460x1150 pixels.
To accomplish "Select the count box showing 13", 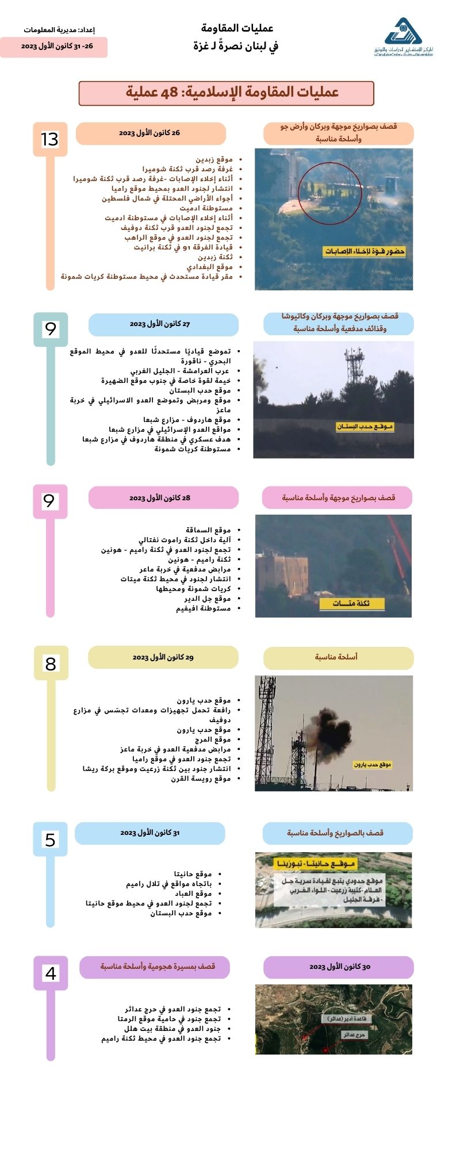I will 50,139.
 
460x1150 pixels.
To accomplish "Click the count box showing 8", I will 51,664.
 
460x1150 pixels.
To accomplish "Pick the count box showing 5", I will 50,839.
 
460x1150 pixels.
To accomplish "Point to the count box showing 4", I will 51,973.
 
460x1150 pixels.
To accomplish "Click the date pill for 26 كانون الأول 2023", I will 150,133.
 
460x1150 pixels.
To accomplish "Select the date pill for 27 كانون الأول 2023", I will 163,324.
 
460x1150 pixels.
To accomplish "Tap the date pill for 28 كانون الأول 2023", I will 163,497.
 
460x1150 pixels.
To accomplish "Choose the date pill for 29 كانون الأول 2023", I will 163,657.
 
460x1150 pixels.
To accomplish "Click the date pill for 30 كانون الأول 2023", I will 338,967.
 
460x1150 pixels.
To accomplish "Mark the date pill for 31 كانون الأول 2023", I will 149,833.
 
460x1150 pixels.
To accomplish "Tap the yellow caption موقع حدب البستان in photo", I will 365,427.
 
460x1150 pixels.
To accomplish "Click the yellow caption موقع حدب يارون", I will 373,765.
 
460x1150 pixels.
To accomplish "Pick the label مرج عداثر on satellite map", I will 354,1034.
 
